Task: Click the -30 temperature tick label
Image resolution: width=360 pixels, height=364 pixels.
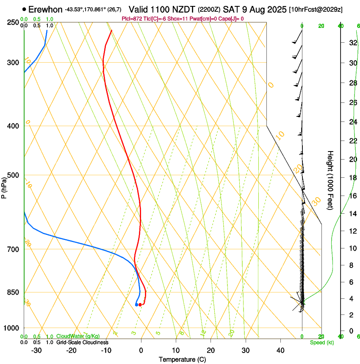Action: [36, 350]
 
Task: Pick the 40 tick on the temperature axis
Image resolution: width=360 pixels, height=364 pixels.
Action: [280, 350]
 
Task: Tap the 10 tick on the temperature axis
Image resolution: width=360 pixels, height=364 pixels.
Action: [176, 350]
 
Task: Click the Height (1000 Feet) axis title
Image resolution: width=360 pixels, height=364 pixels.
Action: [331, 180]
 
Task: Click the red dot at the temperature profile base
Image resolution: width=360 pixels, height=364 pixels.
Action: [140, 305]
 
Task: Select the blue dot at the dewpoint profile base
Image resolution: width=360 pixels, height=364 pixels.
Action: [136, 305]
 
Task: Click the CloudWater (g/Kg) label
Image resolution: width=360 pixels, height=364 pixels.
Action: [78, 336]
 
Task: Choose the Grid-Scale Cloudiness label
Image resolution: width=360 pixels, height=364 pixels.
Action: [82, 342]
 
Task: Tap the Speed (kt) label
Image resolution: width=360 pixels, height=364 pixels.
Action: [321, 342]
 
